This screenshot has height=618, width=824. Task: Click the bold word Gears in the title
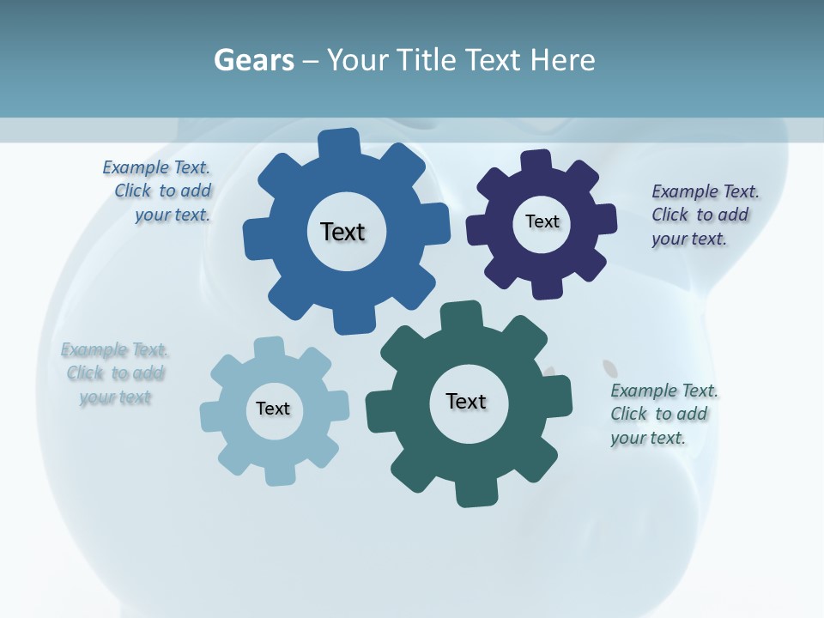(x=254, y=60)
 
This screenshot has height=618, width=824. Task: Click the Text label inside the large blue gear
(x=342, y=232)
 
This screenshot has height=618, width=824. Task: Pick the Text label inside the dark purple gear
(x=542, y=221)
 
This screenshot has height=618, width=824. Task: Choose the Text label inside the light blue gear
(x=273, y=409)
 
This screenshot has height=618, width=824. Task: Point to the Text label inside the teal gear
(x=466, y=401)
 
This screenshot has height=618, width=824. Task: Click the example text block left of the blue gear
(x=160, y=191)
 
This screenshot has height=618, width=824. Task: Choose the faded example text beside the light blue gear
(x=114, y=373)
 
